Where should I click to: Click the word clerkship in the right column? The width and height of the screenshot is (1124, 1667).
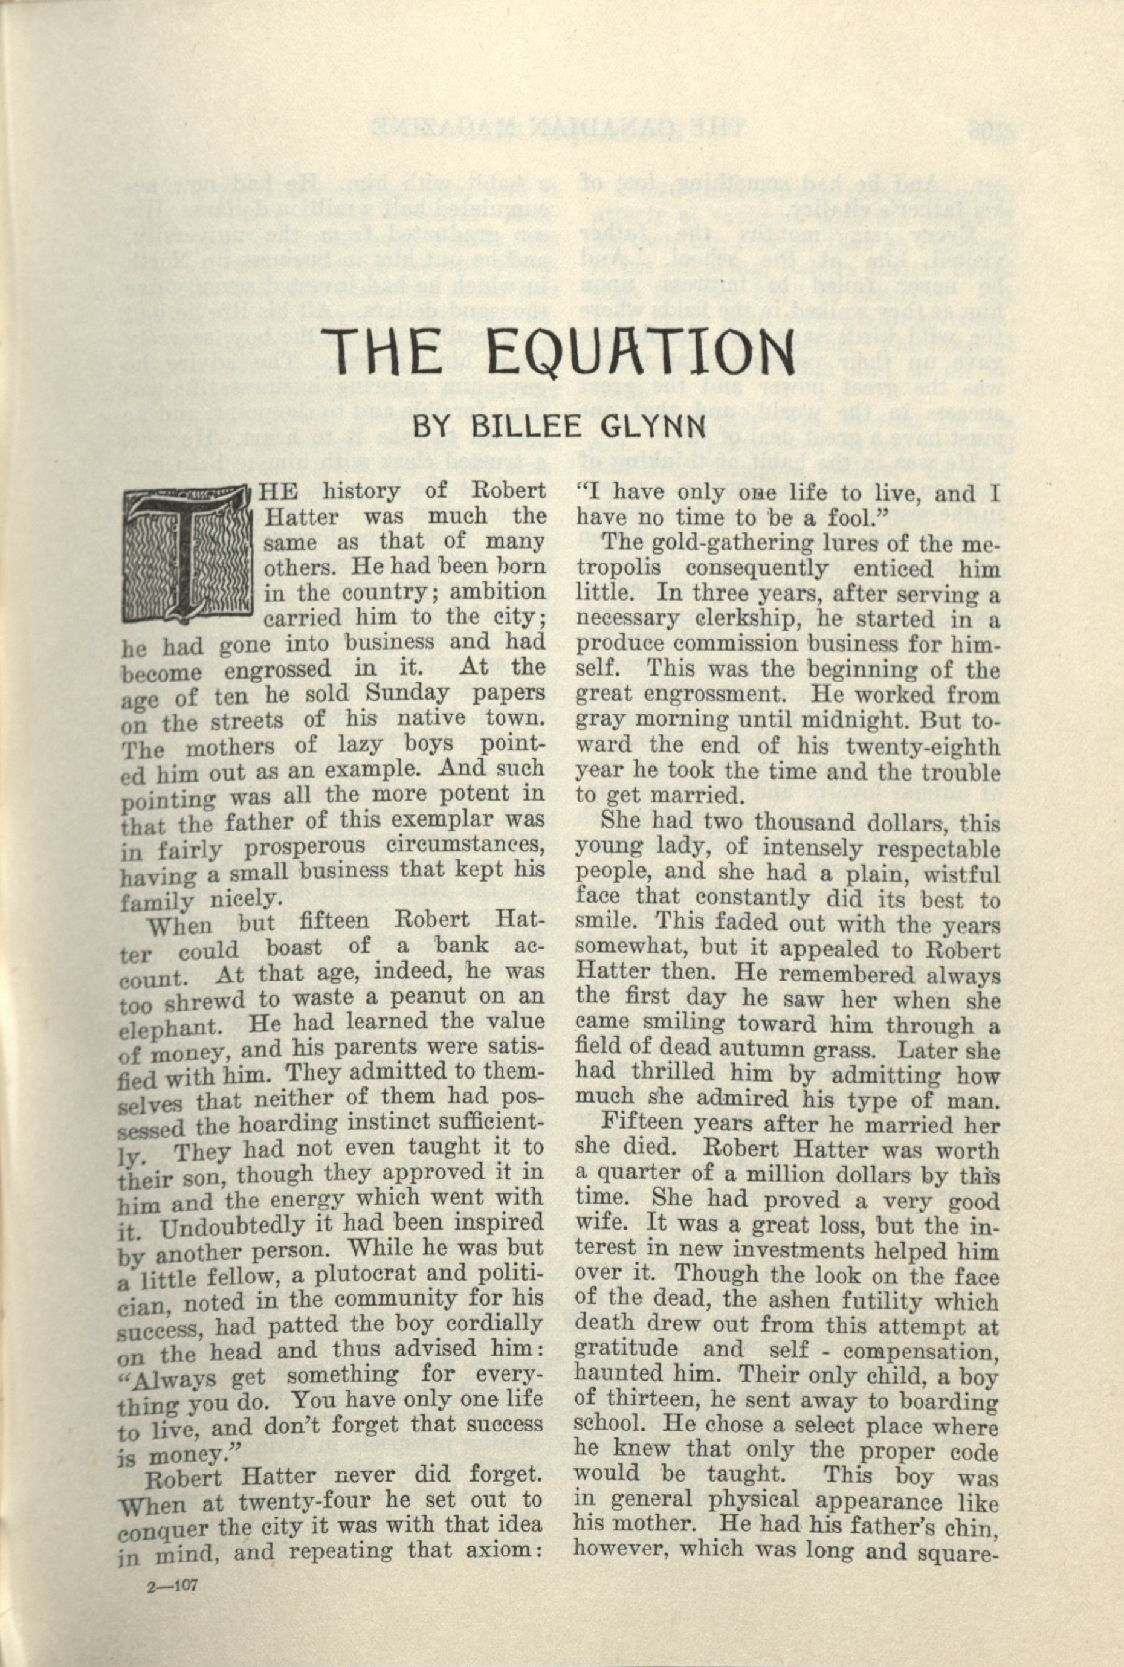click(x=724, y=619)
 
